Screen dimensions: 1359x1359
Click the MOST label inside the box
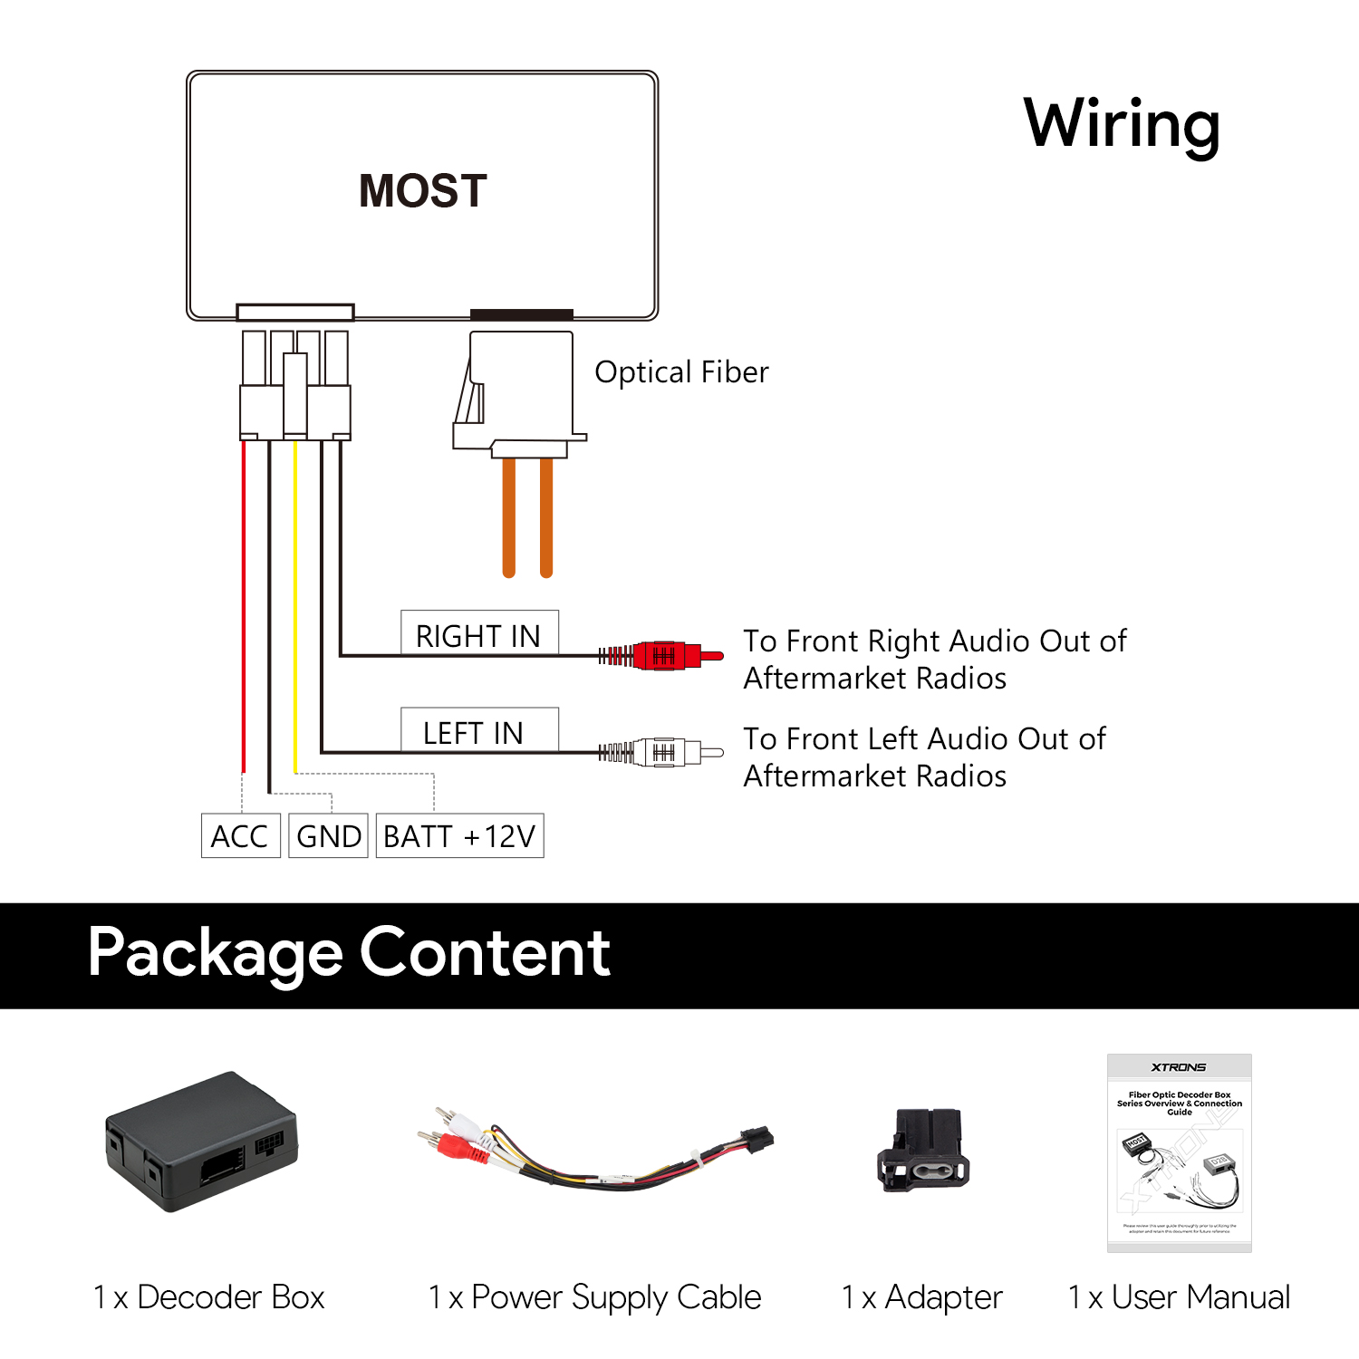tap(423, 191)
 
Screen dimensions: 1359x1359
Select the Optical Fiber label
tap(681, 372)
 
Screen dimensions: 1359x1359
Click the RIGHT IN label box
tap(479, 634)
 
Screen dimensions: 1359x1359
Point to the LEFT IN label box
tap(479, 731)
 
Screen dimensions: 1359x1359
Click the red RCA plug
tap(670, 655)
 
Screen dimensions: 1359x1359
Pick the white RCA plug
tap(670, 752)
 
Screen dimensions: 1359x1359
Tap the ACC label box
tap(240, 835)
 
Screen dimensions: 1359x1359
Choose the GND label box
tap(328, 835)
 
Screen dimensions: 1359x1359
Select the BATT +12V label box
tap(459, 835)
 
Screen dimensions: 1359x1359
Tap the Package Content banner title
tap(349, 953)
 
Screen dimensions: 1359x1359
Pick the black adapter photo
tap(922, 1151)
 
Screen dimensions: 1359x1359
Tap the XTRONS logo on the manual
tap(1179, 1067)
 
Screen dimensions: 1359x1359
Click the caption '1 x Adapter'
tap(921, 1297)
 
